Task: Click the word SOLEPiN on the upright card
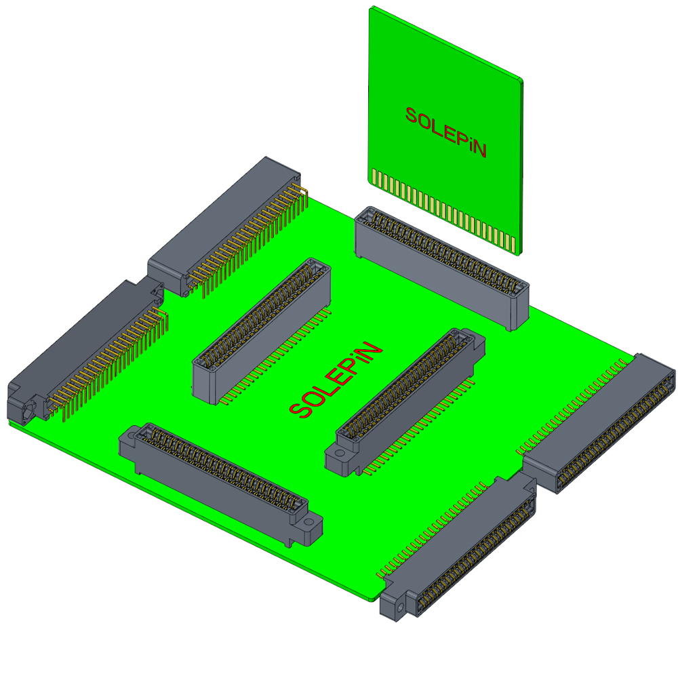(446, 132)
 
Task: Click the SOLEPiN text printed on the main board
(336, 380)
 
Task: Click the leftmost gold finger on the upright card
(374, 177)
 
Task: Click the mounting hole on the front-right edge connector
(401, 607)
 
